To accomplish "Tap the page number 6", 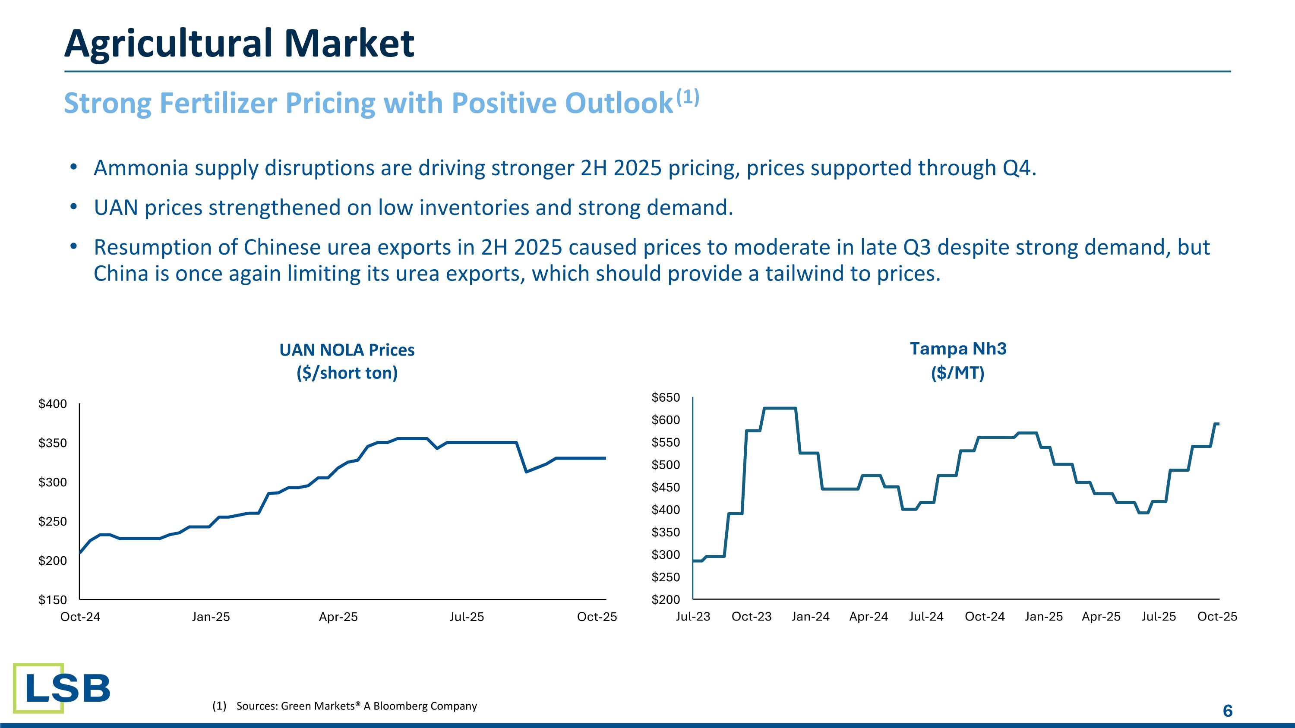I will point(1227,710).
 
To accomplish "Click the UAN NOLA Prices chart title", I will point(347,350).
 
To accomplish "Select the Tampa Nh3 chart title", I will point(958,349).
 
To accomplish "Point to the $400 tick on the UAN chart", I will point(53,404).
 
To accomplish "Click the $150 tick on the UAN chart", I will point(53,600).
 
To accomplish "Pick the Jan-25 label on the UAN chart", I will point(211,617).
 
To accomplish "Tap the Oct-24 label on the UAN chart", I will point(80,617).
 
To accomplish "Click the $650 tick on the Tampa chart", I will point(666,398).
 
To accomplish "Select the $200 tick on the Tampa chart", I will point(666,600).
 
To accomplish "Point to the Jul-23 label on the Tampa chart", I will point(693,617).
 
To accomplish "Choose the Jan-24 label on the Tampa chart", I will point(810,617).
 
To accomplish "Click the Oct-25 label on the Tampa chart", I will point(1217,617).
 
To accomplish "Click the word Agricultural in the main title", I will point(169,44).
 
